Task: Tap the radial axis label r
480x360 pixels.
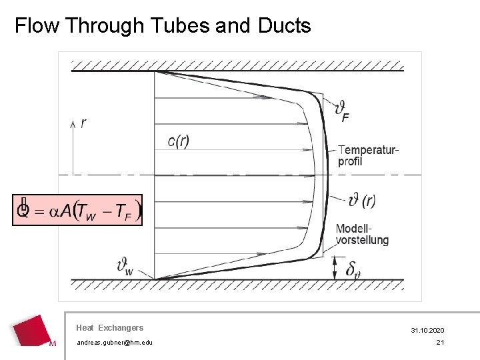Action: point(83,123)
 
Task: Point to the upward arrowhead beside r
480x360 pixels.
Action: point(73,124)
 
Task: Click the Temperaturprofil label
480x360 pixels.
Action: point(368,155)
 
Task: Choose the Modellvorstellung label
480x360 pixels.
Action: point(362,234)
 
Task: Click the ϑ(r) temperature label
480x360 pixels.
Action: point(362,200)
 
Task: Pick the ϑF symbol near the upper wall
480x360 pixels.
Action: point(341,111)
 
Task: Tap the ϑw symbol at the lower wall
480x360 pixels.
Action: point(125,267)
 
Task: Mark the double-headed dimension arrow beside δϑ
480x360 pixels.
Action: point(335,268)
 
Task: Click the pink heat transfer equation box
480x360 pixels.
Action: point(77,210)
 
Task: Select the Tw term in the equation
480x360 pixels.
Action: point(88,211)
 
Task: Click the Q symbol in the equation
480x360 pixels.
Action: point(23,210)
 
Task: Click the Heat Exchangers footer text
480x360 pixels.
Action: point(110,328)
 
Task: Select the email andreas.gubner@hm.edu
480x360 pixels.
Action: point(115,343)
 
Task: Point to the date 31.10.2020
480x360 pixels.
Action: point(428,331)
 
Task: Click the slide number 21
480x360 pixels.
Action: point(440,343)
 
